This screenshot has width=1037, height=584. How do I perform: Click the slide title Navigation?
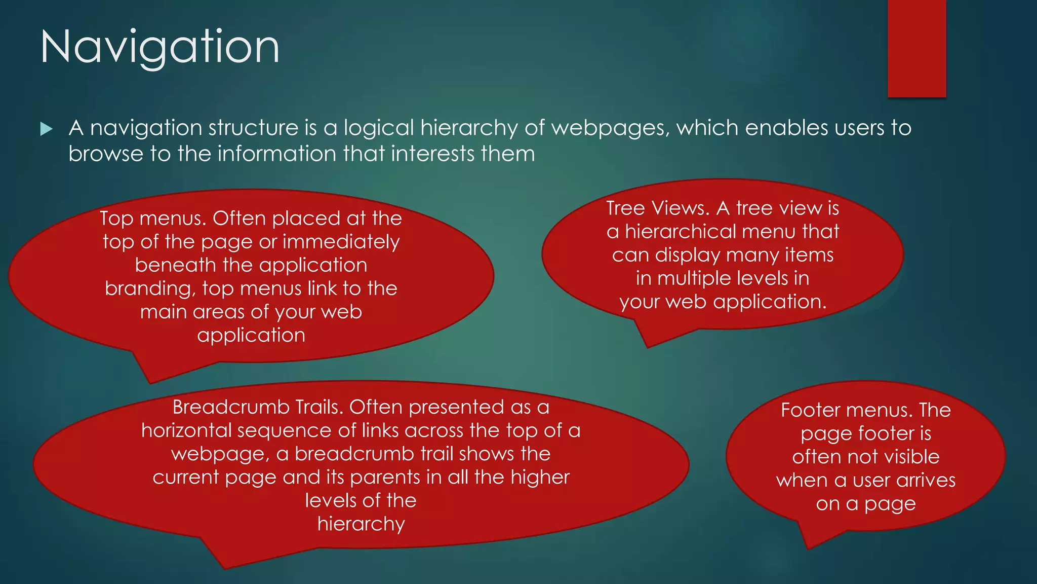coord(159,47)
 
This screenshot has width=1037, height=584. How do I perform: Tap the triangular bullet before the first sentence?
coord(46,129)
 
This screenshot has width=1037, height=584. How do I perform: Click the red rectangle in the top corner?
coord(916,48)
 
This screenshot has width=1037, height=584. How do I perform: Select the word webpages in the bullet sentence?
coord(608,128)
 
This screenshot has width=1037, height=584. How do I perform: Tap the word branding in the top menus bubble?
coord(150,288)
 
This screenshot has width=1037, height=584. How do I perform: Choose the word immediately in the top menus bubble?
coord(341,242)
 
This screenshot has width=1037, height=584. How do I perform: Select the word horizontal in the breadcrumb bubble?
coord(186,430)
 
